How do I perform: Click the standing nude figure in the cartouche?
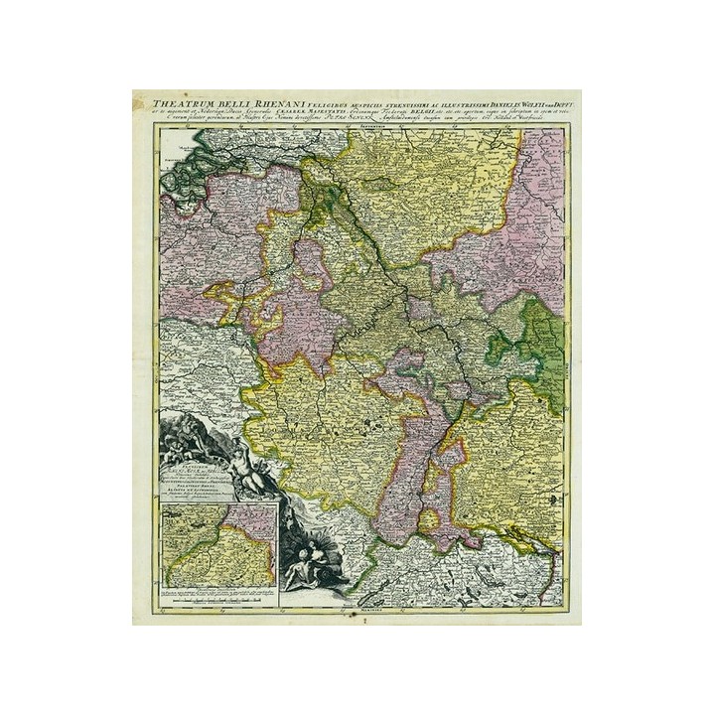coord(252,468)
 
